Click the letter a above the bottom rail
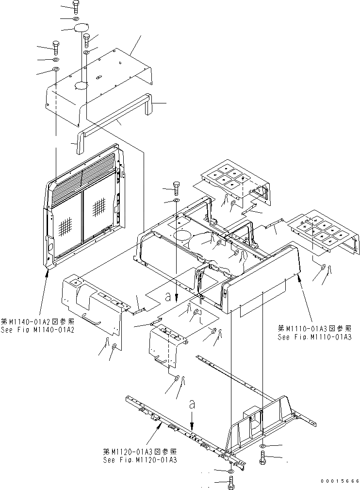click(193, 404)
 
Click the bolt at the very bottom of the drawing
click(230, 483)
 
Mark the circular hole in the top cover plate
click(80, 86)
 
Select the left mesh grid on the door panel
click(66, 226)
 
